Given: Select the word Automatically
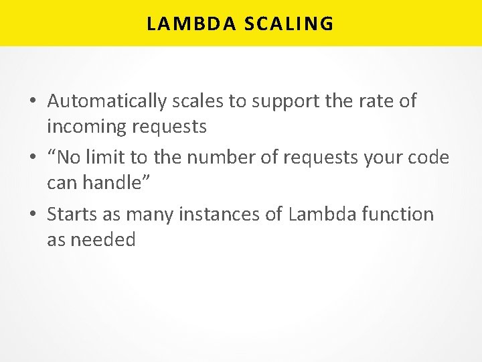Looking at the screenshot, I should pos(106,101).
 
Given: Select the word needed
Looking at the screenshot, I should pos(103,239).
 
